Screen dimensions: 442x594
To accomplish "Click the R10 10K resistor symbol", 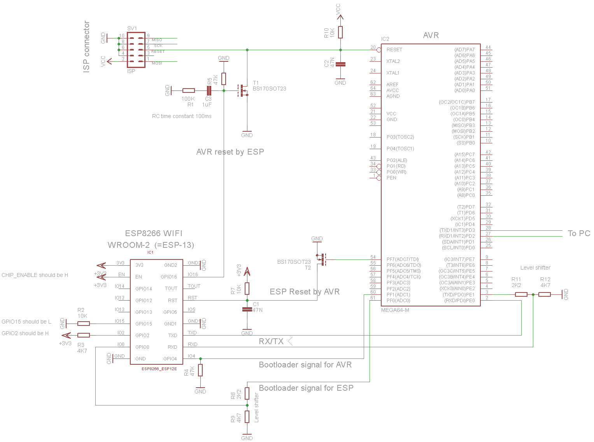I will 340,32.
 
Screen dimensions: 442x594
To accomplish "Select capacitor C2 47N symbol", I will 340,64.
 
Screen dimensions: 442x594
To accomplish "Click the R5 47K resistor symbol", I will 224,79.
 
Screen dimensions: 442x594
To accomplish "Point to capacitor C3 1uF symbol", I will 209,90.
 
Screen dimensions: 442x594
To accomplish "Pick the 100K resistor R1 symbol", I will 188,90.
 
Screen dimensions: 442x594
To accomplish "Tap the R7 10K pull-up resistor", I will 247,288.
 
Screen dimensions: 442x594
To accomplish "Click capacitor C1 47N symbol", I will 247,310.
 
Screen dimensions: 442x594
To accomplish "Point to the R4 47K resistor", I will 200,370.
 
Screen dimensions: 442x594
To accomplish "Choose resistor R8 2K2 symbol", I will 247,393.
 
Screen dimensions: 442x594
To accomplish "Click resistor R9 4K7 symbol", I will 247,417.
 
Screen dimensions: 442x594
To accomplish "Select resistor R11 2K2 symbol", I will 521,294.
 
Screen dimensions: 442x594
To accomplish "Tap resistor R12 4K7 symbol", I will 544,294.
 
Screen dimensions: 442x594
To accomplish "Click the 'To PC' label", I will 579,233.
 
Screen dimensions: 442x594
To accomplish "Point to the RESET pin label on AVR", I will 394,50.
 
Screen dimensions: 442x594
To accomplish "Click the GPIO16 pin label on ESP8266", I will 168,277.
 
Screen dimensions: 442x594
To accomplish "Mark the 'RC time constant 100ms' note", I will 182,116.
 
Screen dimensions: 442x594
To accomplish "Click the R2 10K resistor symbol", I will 84,324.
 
